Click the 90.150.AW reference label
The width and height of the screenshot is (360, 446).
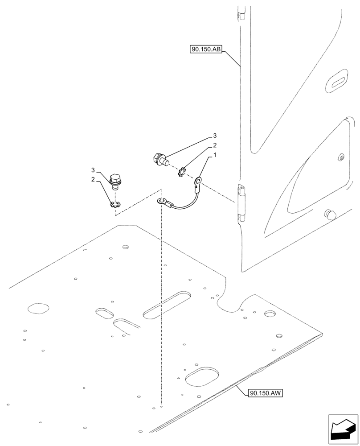tap(266, 392)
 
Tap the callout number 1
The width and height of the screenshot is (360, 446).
tap(215, 156)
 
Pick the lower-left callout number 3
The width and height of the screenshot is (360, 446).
tap(93, 170)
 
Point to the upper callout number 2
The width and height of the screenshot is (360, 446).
tap(214, 145)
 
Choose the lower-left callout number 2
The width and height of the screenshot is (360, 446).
tap(93, 179)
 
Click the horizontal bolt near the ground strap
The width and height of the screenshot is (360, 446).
tap(160, 158)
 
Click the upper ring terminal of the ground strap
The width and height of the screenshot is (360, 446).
tap(198, 181)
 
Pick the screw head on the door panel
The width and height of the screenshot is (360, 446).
tap(341, 157)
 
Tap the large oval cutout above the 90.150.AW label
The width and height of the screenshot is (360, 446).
tap(201, 377)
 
